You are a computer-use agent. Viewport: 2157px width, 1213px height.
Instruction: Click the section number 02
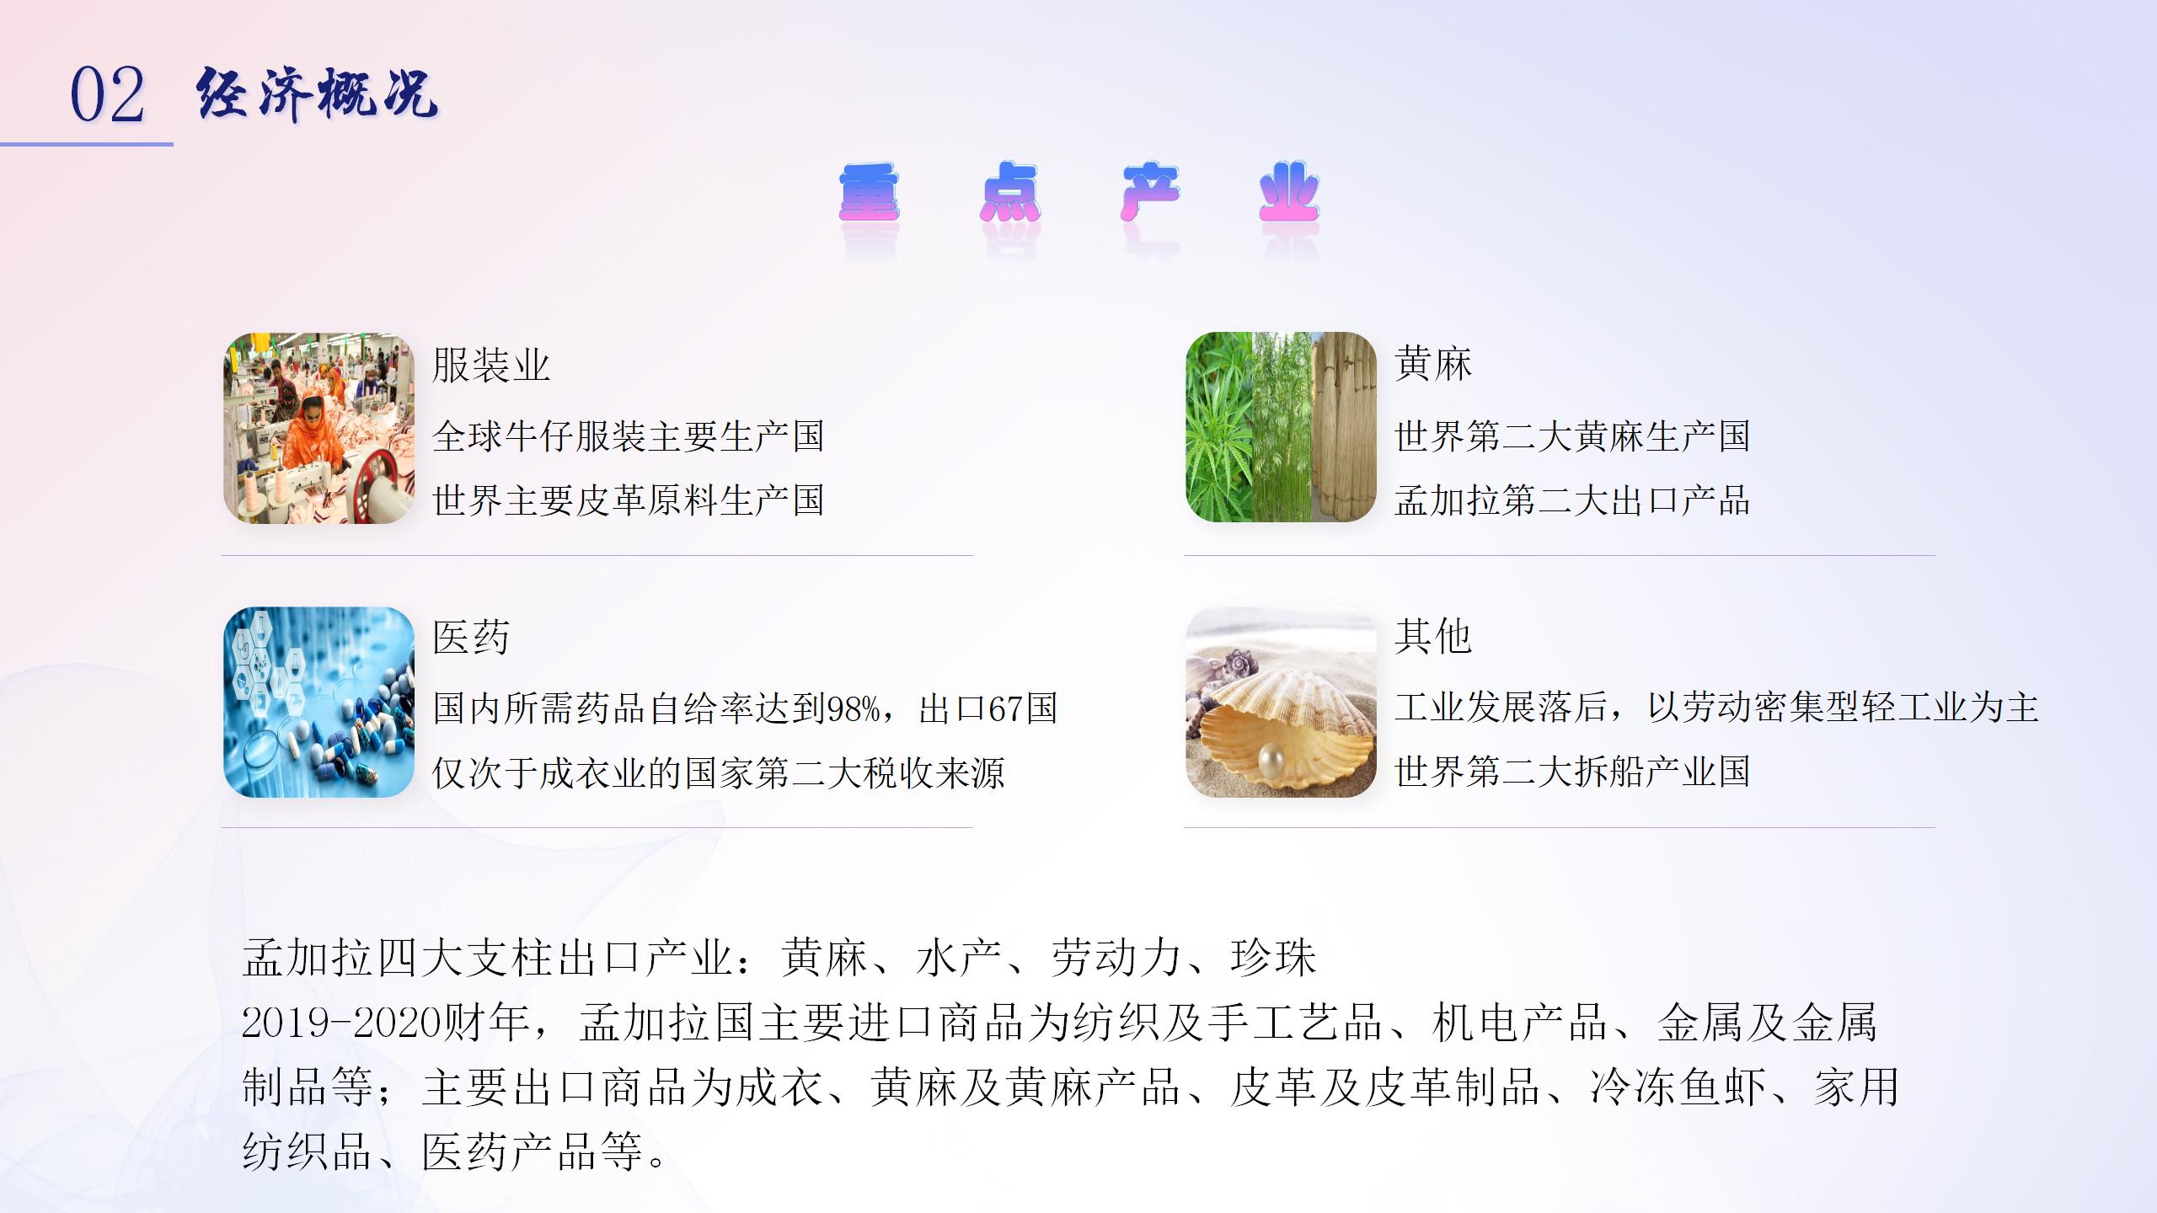(107, 95)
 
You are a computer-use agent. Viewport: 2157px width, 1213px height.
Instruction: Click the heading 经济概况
(317, 93)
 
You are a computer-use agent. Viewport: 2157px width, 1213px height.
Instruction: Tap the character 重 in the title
(870, 193)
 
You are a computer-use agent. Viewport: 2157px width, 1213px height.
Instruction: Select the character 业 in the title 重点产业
(1289, 193)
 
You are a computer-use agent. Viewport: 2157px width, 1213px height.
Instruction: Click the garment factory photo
(319, 428)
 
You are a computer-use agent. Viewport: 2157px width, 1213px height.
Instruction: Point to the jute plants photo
(1281, 427)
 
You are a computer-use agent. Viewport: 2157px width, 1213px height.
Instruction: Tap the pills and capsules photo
(319, 702)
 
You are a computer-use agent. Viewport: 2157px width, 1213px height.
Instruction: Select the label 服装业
(491, 366)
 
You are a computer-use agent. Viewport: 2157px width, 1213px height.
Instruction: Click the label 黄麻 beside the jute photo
(1433, 364)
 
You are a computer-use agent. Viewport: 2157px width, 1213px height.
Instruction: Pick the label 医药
(471, 638)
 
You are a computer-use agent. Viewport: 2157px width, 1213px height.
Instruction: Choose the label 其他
(1433, 636)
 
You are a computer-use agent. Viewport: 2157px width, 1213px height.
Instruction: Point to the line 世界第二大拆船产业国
(1572, 772)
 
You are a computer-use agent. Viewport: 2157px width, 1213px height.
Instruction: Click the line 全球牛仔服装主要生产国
(629, 436)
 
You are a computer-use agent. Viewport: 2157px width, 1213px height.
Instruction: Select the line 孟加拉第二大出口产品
(1572, 500)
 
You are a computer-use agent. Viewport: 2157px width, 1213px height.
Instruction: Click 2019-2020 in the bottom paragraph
(342, 1023)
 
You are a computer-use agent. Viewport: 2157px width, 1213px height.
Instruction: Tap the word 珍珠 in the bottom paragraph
(1274, 959)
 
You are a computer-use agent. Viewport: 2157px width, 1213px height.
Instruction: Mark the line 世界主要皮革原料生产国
(629, 500)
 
